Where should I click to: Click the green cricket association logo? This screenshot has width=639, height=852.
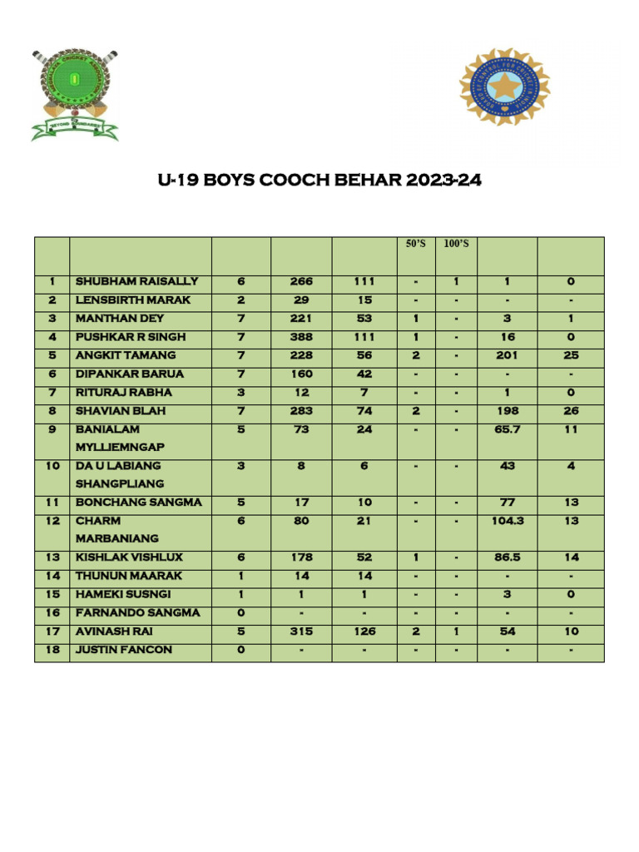(x=75, y=94)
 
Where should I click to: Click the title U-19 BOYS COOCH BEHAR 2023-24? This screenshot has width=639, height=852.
(x=319, y=181)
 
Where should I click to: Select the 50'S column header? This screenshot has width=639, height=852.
(x=414, y=244)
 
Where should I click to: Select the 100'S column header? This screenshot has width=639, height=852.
(x=456, y=244)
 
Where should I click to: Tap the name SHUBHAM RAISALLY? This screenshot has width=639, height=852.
(x=137, y=282)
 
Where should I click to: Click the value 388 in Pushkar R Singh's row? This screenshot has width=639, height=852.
(x=301, y=337)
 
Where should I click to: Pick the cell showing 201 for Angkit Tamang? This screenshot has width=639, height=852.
(x=508, y=355)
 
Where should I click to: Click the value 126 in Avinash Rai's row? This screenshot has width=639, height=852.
(x=364, y=632)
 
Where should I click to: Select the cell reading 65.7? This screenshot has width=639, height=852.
(x=508, y=429)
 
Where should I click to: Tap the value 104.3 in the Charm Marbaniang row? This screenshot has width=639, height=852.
(x=508, y=521)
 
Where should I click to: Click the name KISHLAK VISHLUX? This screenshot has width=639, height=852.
(x=129, y=557)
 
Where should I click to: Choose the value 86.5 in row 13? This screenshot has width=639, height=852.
(x=508, y=557)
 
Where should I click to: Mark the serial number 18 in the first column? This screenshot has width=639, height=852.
(x=52, y=650)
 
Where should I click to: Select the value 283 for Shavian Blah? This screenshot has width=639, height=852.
(x=301, y=411)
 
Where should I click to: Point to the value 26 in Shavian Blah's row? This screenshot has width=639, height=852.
(x=571, y=411)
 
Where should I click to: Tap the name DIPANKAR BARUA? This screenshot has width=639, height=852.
(x=130, y=374)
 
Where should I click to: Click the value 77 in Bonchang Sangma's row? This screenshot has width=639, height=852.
(x=508, y=503)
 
